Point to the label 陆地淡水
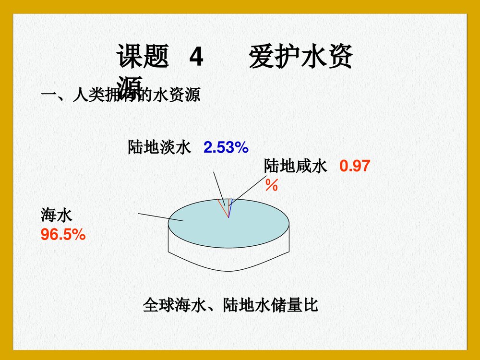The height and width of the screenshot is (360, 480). click(159, 147)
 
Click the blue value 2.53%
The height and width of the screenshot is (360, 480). click(226, 147)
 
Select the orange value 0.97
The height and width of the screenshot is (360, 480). click(355, 167)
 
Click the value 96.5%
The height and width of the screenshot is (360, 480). click(63, 235)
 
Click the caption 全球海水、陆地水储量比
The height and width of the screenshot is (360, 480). click(230, 305)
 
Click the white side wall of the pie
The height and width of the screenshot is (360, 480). click(228, 259)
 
